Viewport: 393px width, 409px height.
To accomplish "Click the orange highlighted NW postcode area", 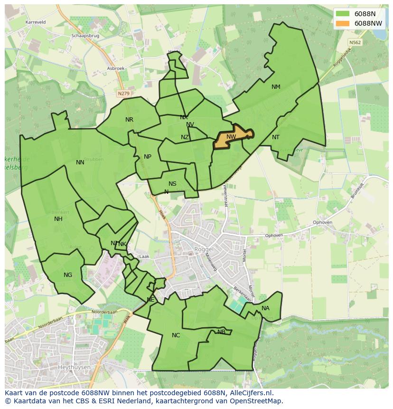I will point(232,138).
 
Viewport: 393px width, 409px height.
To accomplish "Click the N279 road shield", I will point(123,94).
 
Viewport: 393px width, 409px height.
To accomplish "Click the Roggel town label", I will point(205,249).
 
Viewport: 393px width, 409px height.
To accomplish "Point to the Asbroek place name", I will point(116,68).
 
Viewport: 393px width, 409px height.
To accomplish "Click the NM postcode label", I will point(276,87).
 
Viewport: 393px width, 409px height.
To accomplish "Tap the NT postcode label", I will point(276,137).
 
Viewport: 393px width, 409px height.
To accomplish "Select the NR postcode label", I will point(129,120).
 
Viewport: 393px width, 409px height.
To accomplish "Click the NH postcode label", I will point(58,219).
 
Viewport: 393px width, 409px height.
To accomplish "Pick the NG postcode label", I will point(68,275).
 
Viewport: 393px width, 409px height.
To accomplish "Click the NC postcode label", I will point(176,335).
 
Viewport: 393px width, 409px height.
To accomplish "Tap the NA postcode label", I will point(265,308).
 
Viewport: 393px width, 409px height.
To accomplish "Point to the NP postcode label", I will point(148,157).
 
